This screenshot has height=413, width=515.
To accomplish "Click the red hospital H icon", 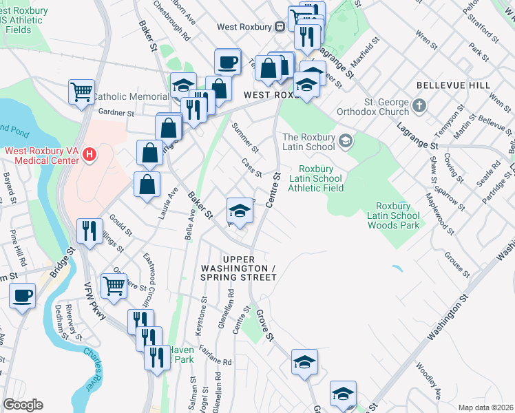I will pyautogui.click(x=88, y=156).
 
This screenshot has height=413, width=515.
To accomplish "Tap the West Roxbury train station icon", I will pyautogui.click(x=280, y=27).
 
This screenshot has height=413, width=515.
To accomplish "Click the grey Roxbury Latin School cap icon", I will pyautogui.click(x=345, y=142).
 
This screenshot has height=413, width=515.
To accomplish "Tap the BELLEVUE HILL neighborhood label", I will pyautogui.click(x=453, y=85).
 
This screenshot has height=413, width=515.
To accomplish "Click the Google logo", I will pyautogui.click(x=23, y=405).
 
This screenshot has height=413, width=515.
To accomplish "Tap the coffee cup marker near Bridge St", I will pyautogui.click(x=23, y=296).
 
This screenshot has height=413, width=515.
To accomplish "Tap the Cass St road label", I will pyautogui.click(x=251, y=167).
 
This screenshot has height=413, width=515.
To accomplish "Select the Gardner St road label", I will pyautogui.click(x=115, y=113).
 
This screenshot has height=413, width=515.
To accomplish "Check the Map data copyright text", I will pyautogui.click(x=485, y=407).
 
